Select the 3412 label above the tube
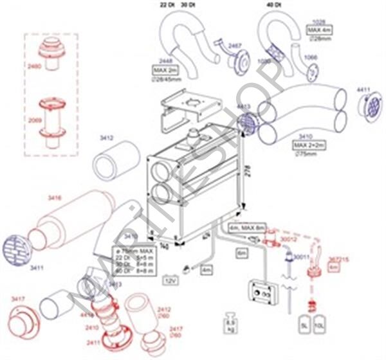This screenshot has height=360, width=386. click(x=107, y=138)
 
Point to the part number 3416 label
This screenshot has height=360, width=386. click(x=54, y=199)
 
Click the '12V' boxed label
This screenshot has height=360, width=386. click(x=171, y=281)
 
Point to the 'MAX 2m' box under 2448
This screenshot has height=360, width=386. click(x=164, y=69)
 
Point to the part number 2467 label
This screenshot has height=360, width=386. click(x=235, y=46)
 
